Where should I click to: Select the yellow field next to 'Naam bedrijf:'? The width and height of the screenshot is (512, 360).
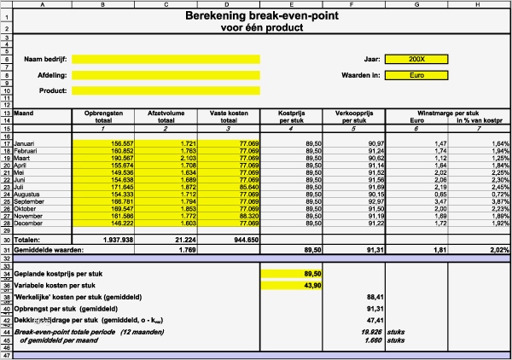(166, 59)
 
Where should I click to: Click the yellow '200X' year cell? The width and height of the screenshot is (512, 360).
(416, 59)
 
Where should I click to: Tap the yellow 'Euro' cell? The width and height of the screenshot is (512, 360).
(416, 75)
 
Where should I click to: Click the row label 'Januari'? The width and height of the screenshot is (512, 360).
(25, 143)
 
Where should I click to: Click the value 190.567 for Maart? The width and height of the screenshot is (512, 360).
(118, 158)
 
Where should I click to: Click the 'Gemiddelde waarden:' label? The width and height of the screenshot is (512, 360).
(48, 250)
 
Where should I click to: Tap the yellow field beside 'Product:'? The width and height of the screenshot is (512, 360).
(166, 90)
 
